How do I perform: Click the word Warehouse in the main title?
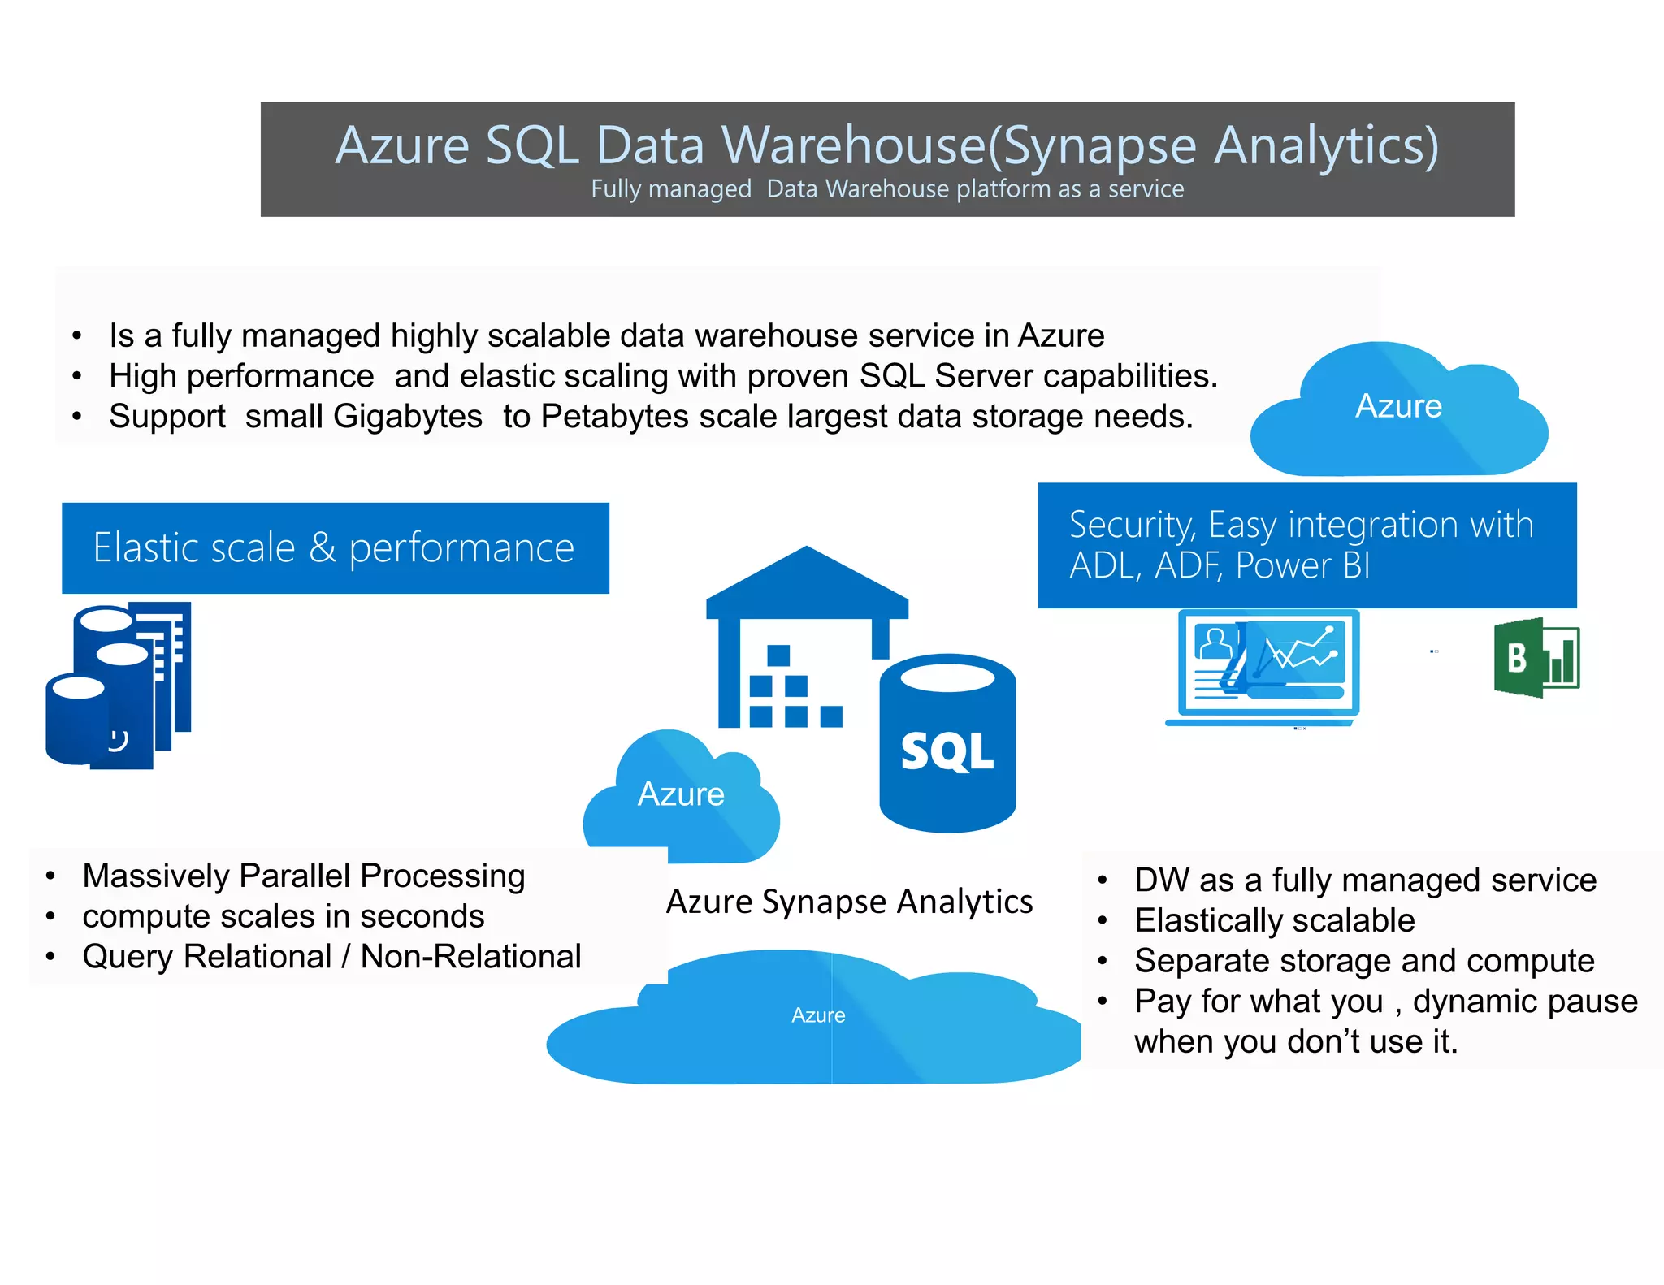tap(853, 145)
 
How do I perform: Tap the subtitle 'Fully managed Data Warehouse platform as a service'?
tap(886, 189)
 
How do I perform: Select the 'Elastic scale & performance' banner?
tap(335, 548)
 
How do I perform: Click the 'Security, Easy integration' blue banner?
tap(1306, 545)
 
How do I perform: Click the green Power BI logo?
tap(1536, 658)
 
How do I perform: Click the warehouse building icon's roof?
tap(807, 581)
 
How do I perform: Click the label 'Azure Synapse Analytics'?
tap(849, 902)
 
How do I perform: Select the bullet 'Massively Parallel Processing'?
tap(304, 876)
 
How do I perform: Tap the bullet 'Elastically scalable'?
tap(1274, 920)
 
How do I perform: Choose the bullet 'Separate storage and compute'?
tap(1364, 961)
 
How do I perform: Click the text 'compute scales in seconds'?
tap(283, 916)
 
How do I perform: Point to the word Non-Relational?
tap(470, 957)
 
